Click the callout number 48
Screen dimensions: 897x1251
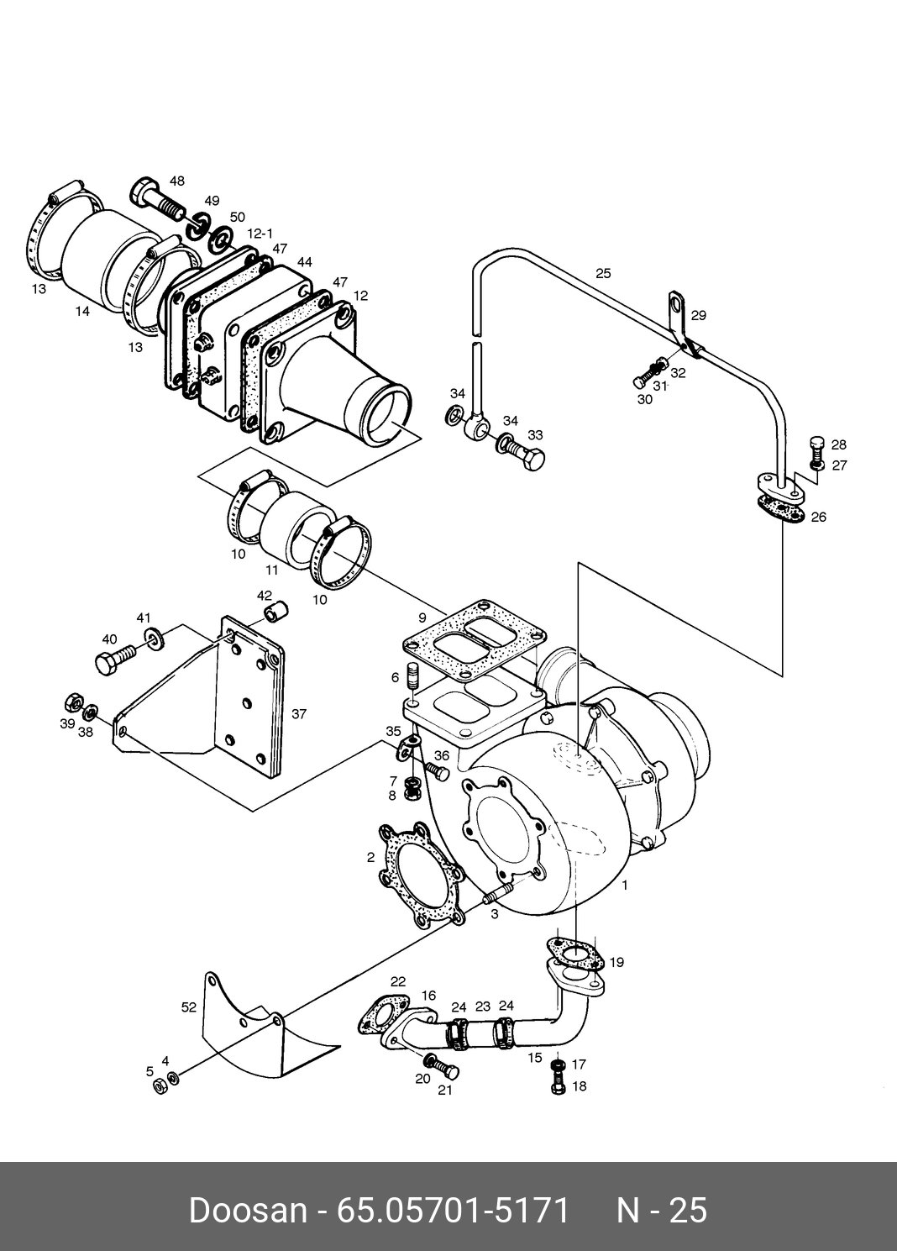click(177, 181)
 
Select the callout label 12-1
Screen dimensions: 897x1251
click(260, 234)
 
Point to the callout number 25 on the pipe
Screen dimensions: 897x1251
click(603, 273)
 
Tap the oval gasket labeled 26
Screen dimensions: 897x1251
click(781, 509)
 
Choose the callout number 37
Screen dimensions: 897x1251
click(299, 714)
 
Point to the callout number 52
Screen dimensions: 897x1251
click(189, 1007)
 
